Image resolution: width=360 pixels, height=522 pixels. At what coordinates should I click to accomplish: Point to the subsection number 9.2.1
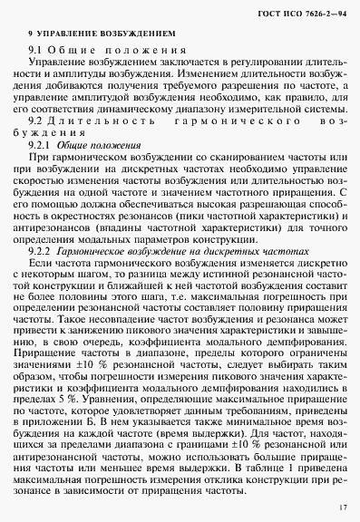pos(41,144)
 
